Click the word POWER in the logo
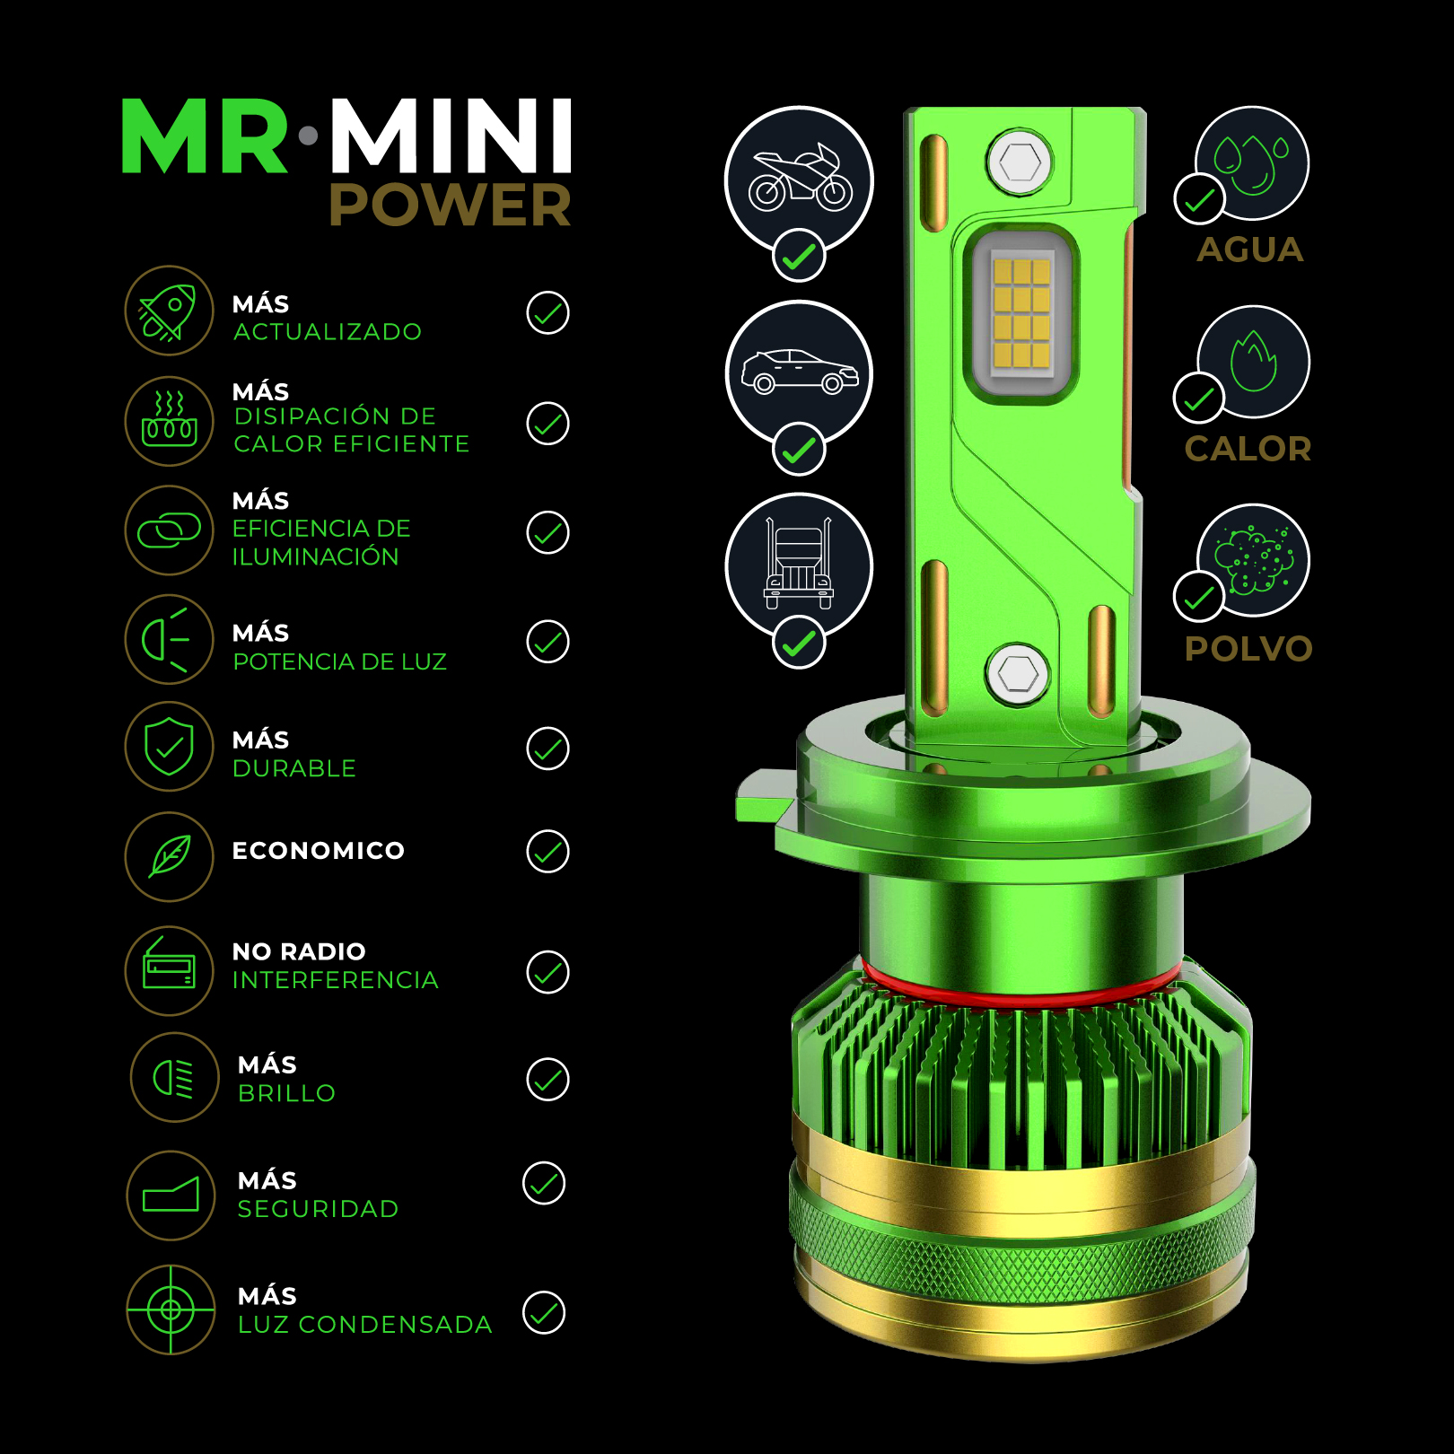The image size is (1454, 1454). pos(451,205)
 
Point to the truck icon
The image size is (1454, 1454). pos(799,564)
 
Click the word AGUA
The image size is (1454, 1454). pos(1250,250)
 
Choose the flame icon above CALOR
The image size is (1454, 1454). pos(1253,361)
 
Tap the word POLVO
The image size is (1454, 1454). pos(1248,648)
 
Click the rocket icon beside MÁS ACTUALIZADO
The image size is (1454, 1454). pos(168,311)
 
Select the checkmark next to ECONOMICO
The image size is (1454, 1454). pos(547,852)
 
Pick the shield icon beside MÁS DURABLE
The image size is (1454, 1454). pos(170,746)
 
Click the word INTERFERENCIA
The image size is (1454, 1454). pos(335,980)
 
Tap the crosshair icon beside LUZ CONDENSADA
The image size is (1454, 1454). pos(171,1310)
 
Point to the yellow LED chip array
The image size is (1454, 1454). pos(1021,313)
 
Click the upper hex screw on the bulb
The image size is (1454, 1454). pos(1020,163)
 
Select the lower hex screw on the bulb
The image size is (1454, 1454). pos(1017,673)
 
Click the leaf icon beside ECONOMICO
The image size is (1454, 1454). pos(170,856)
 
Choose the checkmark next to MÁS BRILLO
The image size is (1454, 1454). pos(547,1080)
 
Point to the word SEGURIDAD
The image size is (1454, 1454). pos(318,1209)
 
